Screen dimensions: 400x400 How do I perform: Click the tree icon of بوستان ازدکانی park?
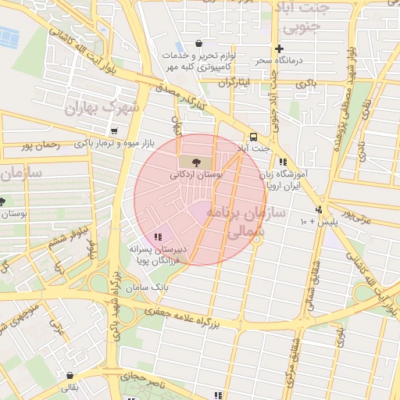(195, 162)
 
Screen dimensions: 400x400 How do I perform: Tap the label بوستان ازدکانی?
(196, 177)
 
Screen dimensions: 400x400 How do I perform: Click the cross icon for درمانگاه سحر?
(279, 48)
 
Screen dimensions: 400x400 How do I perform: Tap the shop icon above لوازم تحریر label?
(198, 44)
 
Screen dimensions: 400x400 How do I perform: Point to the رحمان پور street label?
(42, 145)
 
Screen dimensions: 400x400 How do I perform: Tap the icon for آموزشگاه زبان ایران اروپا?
(283, 162)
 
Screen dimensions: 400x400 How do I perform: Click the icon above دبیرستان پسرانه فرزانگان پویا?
(158, 235)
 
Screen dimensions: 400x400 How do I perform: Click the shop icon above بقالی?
(70, 375)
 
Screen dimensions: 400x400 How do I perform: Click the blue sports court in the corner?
(9, 36)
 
